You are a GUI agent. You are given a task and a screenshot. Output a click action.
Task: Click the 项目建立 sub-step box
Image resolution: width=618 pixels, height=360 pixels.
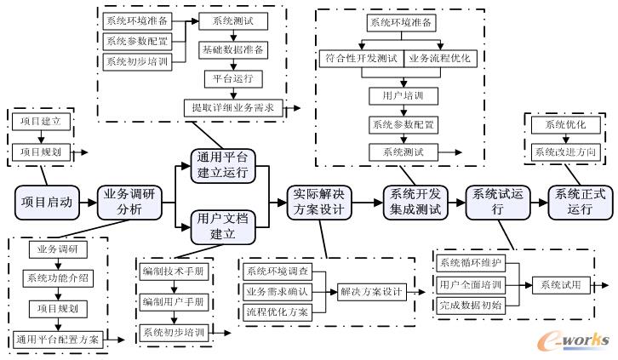[39, 123]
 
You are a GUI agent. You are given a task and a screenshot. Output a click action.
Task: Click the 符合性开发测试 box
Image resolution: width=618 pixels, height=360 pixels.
[361, 59]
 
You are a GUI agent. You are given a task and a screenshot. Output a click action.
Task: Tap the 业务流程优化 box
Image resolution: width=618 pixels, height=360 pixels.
[438, 59]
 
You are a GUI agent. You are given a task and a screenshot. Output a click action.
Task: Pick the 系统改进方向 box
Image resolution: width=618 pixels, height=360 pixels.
[564, 151]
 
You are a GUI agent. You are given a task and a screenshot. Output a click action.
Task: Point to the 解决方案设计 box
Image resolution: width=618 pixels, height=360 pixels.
[370, 291]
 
